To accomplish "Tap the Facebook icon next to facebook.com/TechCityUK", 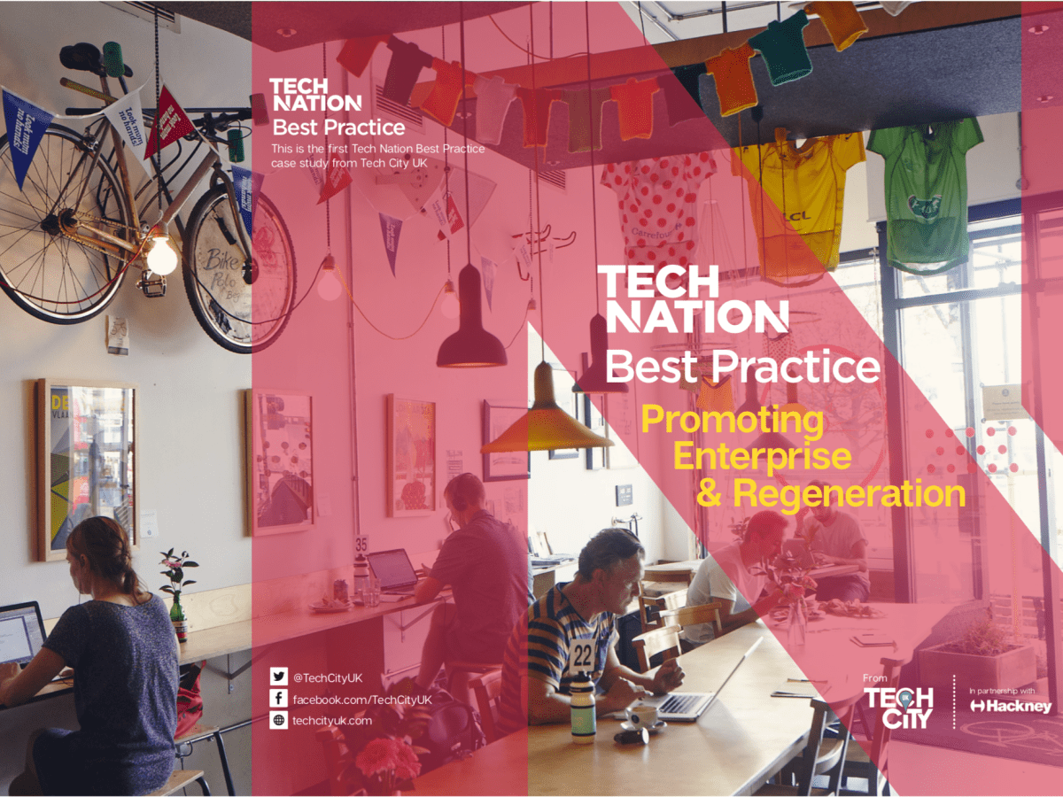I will [x=279, y=700].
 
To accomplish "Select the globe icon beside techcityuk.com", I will [x=279, y=721].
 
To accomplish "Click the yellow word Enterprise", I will [x=762, y=456].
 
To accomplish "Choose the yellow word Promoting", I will [x=732, y=419].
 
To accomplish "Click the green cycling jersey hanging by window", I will [x=925, y=190].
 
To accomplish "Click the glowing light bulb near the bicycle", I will [x=162, y=255].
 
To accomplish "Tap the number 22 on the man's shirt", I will [x=582, y=656].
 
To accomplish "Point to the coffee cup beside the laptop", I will [x=643, y=716].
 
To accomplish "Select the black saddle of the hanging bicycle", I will [x=81, y=58].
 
